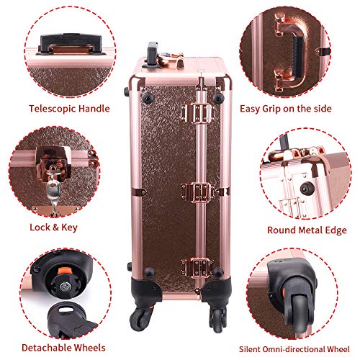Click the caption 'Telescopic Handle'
[69, 109]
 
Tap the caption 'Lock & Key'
[53, 227]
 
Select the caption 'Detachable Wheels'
[63, 348]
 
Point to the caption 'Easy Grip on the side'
[286, 109]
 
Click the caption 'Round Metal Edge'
[307, 230]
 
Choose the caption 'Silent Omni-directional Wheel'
[294, 349]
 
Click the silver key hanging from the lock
[53, 193]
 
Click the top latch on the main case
[197, 113]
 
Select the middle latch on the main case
[197, 192]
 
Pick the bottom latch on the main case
[197, 268]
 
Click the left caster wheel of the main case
[138, 316]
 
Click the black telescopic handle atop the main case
[152, 54]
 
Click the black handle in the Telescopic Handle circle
[71, 44]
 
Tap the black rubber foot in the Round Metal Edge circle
[307, 188]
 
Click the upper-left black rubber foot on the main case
[147, 97]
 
